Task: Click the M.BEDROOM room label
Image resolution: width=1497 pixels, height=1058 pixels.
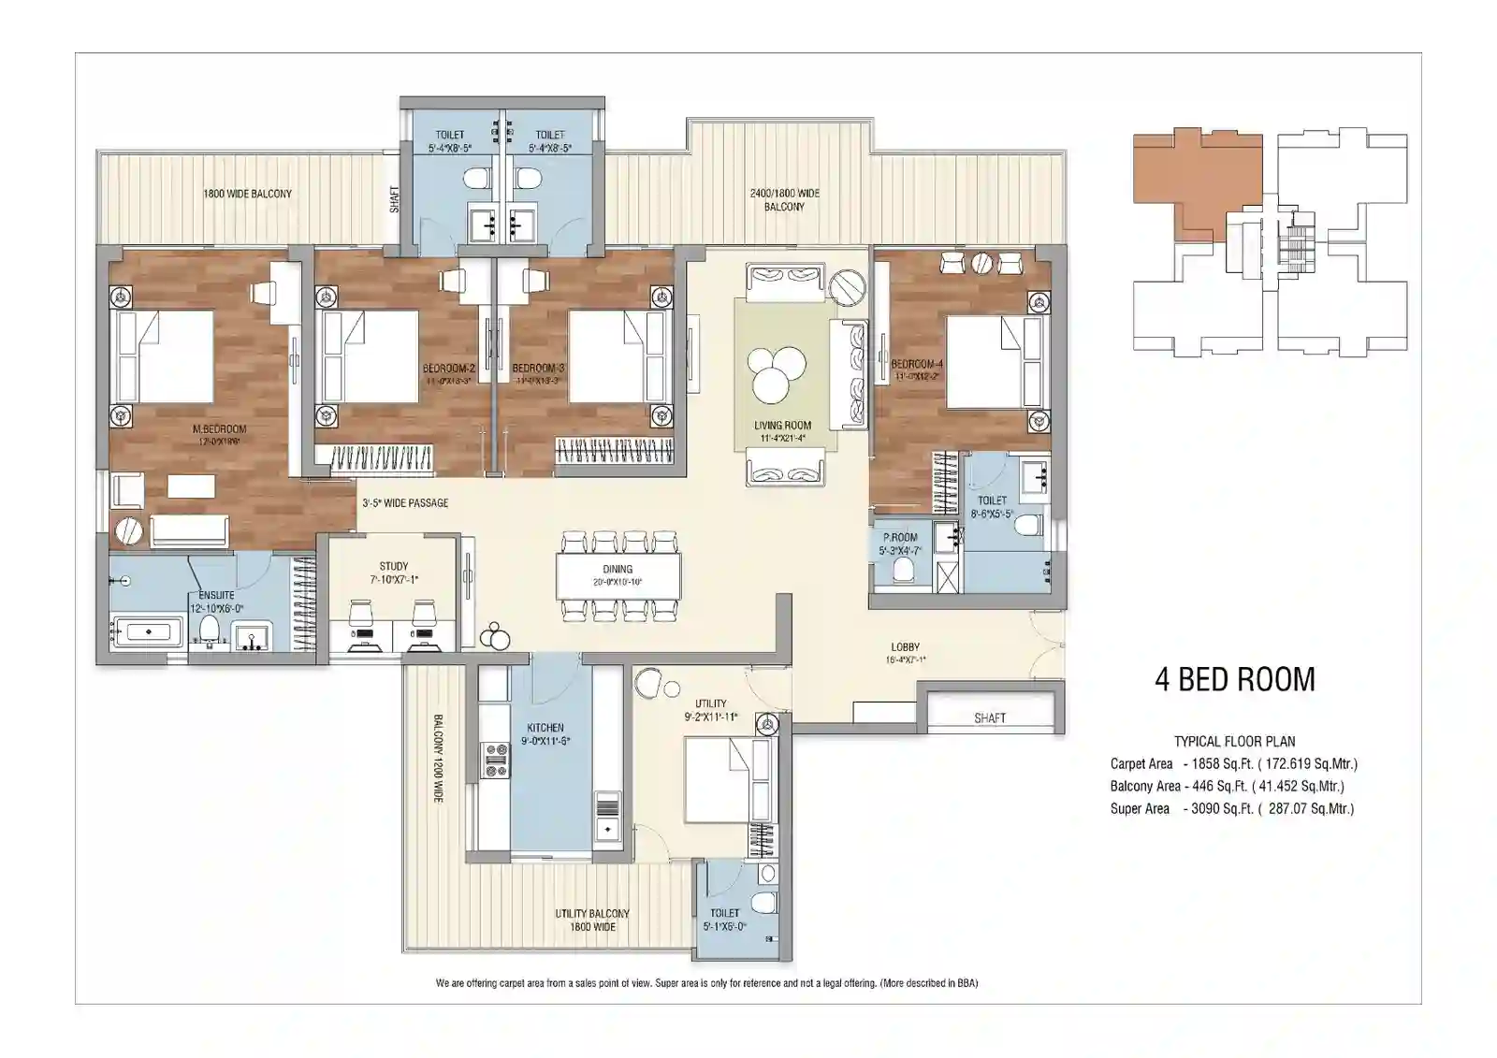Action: click(220, 429)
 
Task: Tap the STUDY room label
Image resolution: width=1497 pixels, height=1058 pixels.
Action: click(394, 566)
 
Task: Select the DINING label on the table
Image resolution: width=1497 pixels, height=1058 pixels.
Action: click(618, 569)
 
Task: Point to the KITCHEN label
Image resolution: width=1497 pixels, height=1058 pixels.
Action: click(545, 728)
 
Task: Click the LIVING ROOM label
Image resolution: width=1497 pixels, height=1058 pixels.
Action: click(783, 426)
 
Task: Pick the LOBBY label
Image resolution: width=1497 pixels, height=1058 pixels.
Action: click(905, 646)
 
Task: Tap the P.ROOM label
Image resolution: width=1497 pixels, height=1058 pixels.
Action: click(900, 538)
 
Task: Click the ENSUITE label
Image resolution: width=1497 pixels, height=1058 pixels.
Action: click(217, 595)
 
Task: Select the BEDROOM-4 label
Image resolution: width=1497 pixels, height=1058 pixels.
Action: click(917, 364)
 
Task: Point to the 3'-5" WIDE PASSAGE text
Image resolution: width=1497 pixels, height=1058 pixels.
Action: click(405, 503)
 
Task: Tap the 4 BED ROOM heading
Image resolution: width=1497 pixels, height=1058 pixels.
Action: click(1234, 679)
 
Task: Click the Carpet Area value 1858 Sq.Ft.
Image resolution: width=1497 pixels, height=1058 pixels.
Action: click(1222, 764)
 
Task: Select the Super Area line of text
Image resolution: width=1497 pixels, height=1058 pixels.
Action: click(1232, 809)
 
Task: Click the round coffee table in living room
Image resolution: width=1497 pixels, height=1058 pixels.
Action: click(780, 370)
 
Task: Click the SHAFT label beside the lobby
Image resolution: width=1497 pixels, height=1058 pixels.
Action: click(990, 718)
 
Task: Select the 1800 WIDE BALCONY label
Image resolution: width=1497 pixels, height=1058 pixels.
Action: click(248, 194)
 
